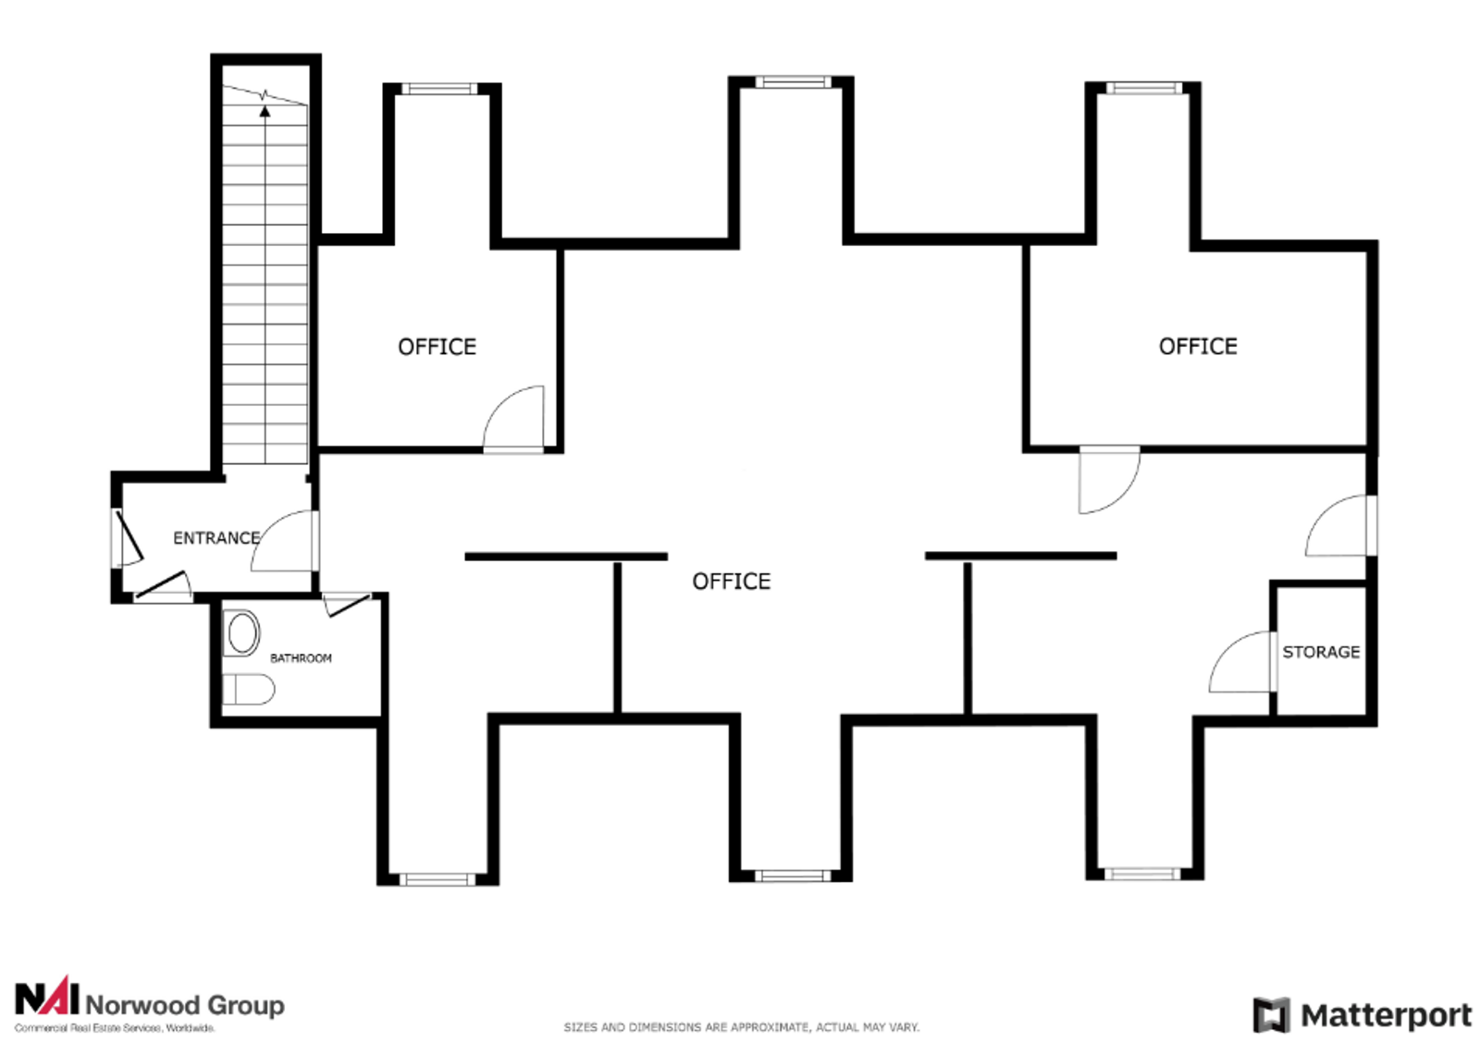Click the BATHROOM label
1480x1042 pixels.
301,658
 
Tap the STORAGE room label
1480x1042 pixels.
1321,653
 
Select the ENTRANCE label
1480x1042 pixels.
216,538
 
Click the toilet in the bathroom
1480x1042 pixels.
249,690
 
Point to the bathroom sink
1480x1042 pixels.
241,633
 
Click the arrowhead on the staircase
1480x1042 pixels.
265,112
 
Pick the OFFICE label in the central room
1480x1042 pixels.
732,581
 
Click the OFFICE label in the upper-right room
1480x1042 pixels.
1198,346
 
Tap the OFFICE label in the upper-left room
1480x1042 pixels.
437,347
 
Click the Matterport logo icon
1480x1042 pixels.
1271,1015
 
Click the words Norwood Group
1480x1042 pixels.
185,1006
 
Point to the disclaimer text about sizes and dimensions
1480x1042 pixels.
741,1027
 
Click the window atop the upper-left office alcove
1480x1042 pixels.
438,89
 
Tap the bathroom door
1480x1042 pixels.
347,604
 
